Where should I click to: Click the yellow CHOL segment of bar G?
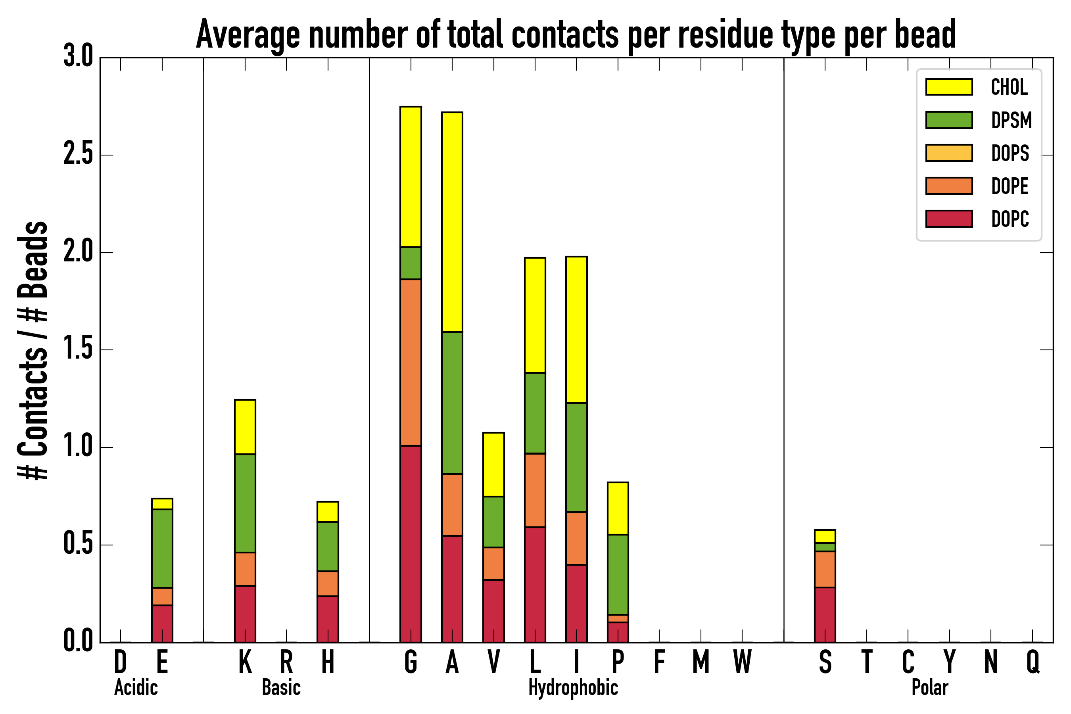pyautogui.click(x=410, y=177)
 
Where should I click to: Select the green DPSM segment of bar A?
pyautogui.click(x=452, y=403)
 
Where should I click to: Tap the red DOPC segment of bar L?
pyautogui.click(x=535, y=584)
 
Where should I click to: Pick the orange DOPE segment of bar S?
pyautogui.click(x=825, y=569)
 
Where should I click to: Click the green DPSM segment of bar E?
pyautogui.click(x=162, y=548)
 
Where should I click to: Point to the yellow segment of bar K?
pyautogui.click(x=245, y=427)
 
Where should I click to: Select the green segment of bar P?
pyautogui.click(x=618, y=574)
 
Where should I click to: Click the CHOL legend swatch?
pyautogui.click(x=948, y=86)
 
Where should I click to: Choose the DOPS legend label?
pyautogui.click(x=1010, y=153)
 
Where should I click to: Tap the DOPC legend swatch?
pyautogui.click(x=948, y=219)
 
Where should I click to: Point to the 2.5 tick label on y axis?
pyautogui.click(x=78, y=155)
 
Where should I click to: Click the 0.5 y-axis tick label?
pyautogui.click(x=78, y=544)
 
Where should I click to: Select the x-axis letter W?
pyautogui.click(x=742, y=662)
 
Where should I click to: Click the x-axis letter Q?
pyautogui.click(x=1033, y=662)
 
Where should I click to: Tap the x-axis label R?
pyautogui.click(x=286, y=662)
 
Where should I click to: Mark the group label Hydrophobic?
pyautogui.click(x=573, y=687)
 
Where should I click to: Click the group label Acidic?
pyautogui.click(x=136, y=687)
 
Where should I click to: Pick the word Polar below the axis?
pyautogui.click(x=929, y=687)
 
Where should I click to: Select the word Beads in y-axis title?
pyautogui.click(x=33, y=259)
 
